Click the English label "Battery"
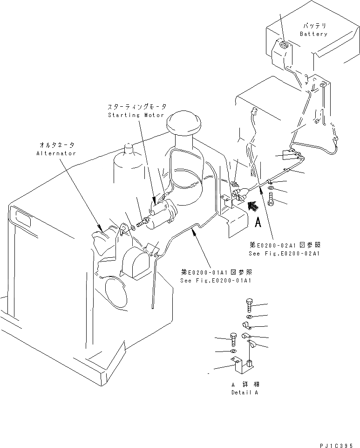313,34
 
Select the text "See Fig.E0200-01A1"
216,280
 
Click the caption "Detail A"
245,393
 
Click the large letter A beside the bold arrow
257,222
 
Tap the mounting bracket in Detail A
242,366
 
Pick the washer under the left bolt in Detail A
233,351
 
